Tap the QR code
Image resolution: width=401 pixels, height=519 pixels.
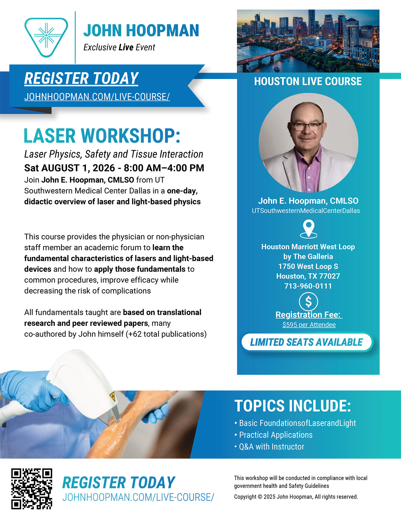(32, 489)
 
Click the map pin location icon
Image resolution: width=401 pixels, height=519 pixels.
(308, 229)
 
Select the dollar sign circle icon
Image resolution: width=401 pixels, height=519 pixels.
(308, 302)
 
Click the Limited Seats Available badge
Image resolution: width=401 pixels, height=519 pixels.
(307, 342)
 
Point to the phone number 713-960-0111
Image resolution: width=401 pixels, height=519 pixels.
(308, 286)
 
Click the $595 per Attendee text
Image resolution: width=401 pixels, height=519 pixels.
(309, 325)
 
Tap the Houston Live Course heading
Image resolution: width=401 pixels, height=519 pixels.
(308, 81)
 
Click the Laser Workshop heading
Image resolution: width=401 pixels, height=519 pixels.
(102, 136)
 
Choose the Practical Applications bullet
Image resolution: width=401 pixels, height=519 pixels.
(274, 435)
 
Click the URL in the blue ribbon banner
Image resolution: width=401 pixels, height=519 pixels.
(97, 97)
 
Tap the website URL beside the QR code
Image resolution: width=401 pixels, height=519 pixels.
(138, 497)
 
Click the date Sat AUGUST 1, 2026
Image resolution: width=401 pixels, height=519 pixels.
(69, 168)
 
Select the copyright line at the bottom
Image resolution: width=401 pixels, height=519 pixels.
(296, 497)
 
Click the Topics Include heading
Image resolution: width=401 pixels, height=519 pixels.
(293, 406)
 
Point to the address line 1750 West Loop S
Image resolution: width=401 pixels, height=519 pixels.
(308, 266)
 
